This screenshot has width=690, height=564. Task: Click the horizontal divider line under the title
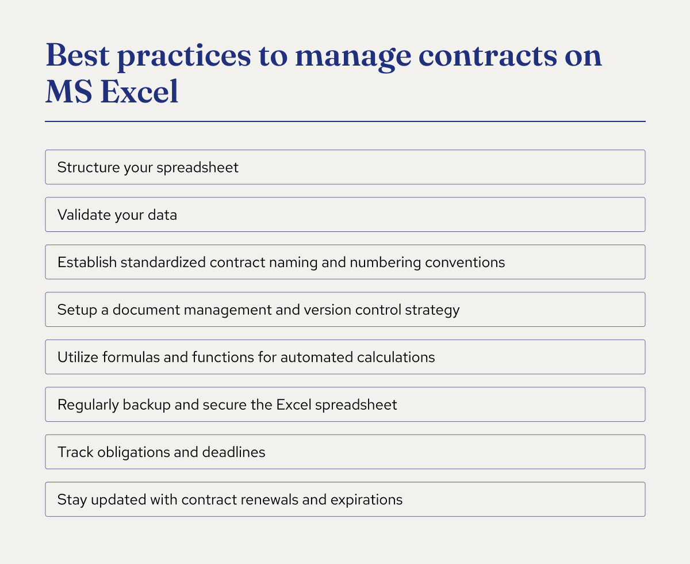(345, 121)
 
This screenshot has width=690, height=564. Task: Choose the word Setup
(75, 310)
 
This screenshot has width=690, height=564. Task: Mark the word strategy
(435, 310)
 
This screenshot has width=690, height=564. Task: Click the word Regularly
(88, 405)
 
